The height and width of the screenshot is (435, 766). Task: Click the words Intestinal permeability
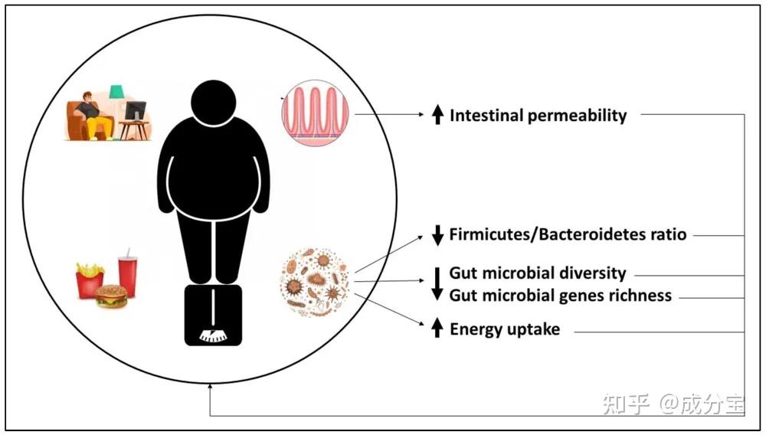538,116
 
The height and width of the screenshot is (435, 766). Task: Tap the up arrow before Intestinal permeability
437,116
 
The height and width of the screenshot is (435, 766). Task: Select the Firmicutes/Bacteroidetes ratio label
568,234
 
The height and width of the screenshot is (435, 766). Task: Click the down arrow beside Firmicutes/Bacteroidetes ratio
437,235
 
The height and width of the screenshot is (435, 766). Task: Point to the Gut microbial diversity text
538,273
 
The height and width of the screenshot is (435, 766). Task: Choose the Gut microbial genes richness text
560,295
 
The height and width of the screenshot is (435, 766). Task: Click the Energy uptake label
505,330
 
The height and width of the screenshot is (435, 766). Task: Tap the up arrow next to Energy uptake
437,329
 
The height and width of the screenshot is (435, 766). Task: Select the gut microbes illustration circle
315,282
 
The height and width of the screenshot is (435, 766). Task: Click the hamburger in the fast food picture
112,296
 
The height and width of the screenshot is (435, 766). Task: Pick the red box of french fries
89,280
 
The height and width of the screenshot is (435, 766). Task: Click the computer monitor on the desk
135,112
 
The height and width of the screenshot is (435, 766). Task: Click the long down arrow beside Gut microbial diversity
437,283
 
